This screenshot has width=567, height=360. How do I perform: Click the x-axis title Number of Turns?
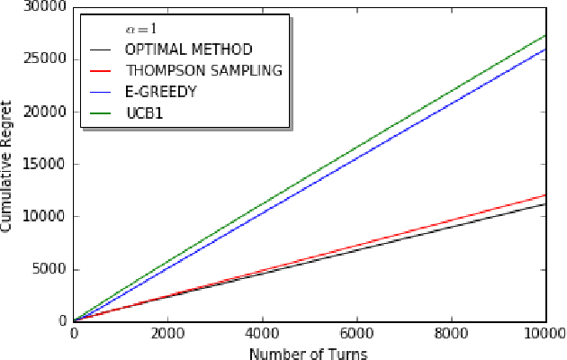click(x=308, y=353)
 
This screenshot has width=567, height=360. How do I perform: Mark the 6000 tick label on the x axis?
click(x=357, y=331)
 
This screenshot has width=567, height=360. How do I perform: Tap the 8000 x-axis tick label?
click(x=452, y=331)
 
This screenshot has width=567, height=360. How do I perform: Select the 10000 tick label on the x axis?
click(x=544, y=331)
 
